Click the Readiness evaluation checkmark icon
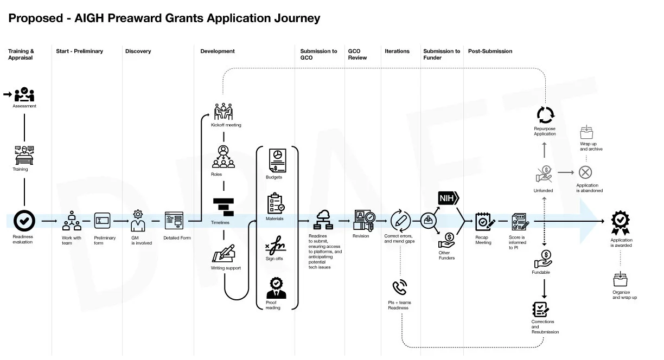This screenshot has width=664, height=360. coord(24,221)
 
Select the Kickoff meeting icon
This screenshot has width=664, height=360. coord(223,112)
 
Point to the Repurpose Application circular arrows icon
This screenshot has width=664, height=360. coord(545,115)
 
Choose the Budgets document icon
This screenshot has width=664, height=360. coord(276,160)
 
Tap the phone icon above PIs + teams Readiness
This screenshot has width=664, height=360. coord(399,287)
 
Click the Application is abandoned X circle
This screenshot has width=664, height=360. coord(585,172)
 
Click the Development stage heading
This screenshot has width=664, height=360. coord(217,52)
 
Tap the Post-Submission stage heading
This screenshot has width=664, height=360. coord(490,52)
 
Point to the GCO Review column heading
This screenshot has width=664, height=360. coord(357,54)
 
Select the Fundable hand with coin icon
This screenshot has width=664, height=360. coord(545,259)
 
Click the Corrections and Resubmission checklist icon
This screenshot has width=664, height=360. coord(541,308)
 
